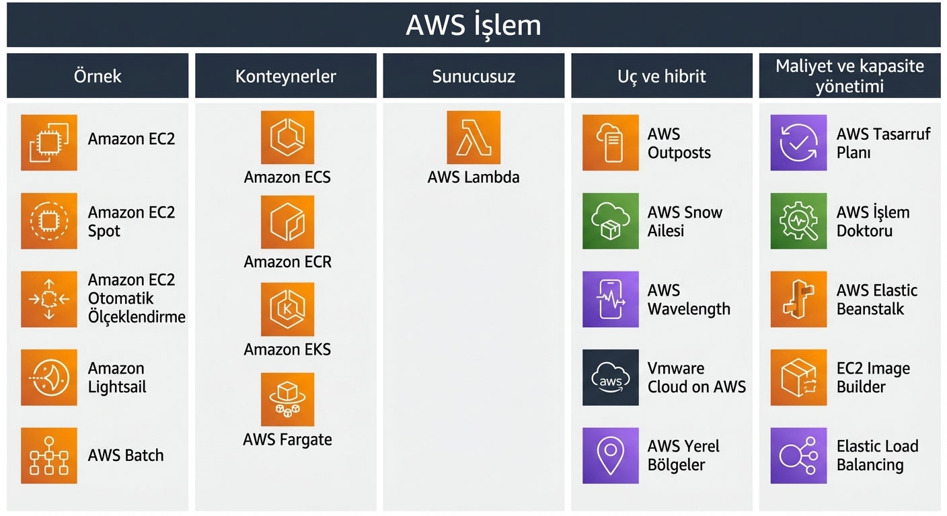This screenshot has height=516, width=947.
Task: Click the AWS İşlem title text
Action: click(x=473, y=26)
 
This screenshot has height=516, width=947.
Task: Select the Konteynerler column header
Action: click(x=285, y=76)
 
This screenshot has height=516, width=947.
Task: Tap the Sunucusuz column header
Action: click(x=473, y=76)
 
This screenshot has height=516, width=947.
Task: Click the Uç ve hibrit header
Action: click(x=661, y=76)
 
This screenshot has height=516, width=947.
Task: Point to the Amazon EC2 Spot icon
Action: click(x=49, y=221)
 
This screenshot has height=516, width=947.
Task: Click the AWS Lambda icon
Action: click(x=473, y=138)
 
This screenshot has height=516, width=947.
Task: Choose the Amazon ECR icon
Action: click(x=287, y=222)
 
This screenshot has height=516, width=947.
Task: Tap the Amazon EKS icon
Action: click(x=287, y=309)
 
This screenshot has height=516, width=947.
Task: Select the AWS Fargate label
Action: click(x=287, y=439)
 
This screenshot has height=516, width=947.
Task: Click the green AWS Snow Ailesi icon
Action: click(x=610, y=221)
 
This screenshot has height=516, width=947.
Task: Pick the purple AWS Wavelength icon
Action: click(x=610, y=300)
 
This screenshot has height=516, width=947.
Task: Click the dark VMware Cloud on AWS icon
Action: click(x=610, y=378)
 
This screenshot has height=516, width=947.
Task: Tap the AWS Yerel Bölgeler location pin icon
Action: click(x=610, y=456)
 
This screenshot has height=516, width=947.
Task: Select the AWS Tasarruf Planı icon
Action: click(x=798, y=142)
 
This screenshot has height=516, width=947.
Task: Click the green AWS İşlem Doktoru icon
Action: click(x=798, y=221)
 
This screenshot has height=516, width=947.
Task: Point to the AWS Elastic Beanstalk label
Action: click(x=876, y=300)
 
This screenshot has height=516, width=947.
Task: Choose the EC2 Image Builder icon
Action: click(x=798, y=378)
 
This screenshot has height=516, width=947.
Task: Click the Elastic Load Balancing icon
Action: click(x=798, y=456)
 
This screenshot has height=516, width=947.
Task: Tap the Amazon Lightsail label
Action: click(x=117, y=378)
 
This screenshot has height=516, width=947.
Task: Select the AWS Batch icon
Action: click(x=49, y=456)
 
